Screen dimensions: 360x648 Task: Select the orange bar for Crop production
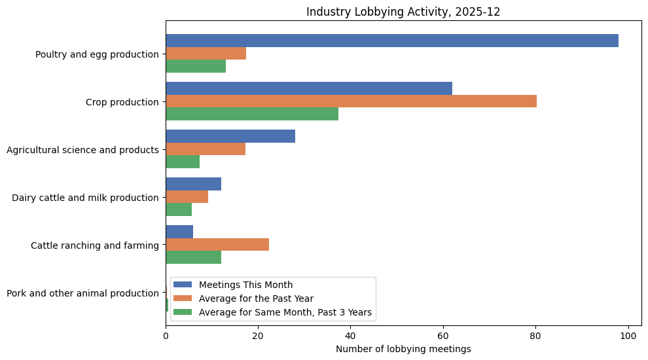(351, 101)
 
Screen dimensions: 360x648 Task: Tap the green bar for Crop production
(252, 114)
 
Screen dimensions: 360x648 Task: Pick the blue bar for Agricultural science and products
(230, 136)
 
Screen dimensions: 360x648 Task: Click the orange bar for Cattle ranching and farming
(217, 245)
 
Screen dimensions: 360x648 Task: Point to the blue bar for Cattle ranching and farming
(179, 232)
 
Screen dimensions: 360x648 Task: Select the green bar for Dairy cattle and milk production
(179, 209)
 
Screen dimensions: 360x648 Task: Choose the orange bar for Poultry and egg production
(206, 54)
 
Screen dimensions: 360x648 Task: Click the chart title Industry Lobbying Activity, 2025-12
(403, 12)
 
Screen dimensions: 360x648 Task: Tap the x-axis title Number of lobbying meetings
(403, 349)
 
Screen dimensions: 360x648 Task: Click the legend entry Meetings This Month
(245, 285)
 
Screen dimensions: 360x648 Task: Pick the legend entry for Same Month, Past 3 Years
(285, 312)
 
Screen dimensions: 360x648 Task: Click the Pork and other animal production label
(82, 293)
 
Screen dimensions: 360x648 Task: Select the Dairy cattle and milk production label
(85, 198)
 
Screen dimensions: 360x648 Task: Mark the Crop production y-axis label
(122, 102)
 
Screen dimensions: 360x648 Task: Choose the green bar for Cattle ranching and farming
(193, 257)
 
